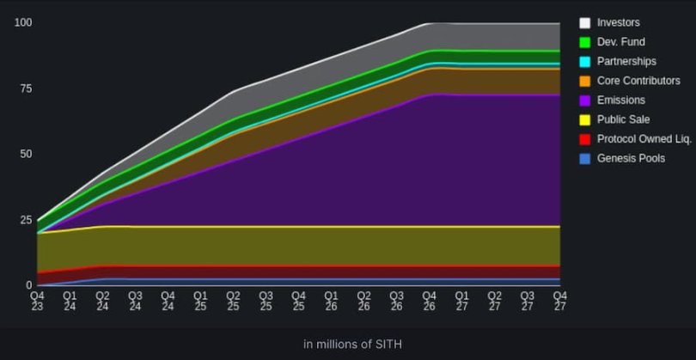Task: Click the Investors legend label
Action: point(618,22)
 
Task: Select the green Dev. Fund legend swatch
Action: point(585,42)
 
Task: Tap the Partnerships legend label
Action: point(626,62)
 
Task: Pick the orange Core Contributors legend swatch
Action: point(585,81)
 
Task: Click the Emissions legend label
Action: point(621,101)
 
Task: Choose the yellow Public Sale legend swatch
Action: point(585,120)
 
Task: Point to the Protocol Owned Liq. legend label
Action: point(638,139)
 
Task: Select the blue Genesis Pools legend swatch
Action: point(585,159)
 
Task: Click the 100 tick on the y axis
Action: point(23,22)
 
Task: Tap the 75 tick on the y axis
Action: point(26,88)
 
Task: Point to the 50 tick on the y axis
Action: point(26,154)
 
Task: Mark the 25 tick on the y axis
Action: point(26,220)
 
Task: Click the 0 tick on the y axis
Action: point(28,285)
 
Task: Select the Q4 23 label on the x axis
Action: point(37,301)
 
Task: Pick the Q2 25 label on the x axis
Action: point(233,301)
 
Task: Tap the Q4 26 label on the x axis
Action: point(429,301)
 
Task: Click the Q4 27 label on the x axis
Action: point(559,301)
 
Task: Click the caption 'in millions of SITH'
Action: point(351,345)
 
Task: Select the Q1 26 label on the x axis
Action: point(331,301)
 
